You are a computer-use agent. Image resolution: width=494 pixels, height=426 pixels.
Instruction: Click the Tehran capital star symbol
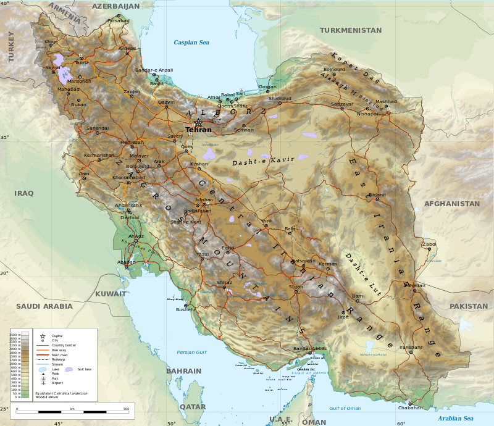(198, 122)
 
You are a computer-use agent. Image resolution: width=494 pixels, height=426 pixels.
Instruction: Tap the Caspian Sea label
(191, 43)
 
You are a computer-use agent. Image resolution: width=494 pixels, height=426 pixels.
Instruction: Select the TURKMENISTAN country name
(351, 30)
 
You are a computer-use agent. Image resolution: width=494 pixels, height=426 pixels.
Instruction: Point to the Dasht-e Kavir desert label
(263, 161)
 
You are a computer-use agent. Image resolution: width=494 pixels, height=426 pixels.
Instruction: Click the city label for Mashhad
(386, 102)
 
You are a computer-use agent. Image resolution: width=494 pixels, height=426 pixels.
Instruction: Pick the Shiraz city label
(224, 283)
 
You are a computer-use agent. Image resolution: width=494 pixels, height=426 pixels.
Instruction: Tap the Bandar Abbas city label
(309, 349)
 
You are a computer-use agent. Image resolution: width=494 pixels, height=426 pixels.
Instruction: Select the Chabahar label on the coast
(411, 407)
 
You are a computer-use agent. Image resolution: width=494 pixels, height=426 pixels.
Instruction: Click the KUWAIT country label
(111, 294)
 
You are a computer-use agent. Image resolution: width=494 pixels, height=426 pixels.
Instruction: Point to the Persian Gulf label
(191, 352)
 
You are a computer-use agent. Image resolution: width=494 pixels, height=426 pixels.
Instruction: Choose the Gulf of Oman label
(345, 409)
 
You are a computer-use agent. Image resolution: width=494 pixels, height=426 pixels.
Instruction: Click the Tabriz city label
(82, 63)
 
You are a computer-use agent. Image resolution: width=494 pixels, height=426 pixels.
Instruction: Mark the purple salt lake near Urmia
(64, 75)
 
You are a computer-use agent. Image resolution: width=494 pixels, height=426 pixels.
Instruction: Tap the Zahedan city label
(414, 286)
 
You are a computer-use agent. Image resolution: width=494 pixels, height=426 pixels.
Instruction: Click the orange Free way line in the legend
(43, 350)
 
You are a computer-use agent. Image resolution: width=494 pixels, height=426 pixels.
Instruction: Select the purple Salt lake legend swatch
(69, 369)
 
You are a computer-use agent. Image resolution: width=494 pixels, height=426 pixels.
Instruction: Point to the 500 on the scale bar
(126, 409)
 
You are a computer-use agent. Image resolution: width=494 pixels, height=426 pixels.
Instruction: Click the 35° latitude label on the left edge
(5, 137)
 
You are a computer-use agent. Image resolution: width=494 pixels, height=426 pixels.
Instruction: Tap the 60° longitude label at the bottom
(401, 423)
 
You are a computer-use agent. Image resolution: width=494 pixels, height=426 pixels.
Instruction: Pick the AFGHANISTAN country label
(451, 204)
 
